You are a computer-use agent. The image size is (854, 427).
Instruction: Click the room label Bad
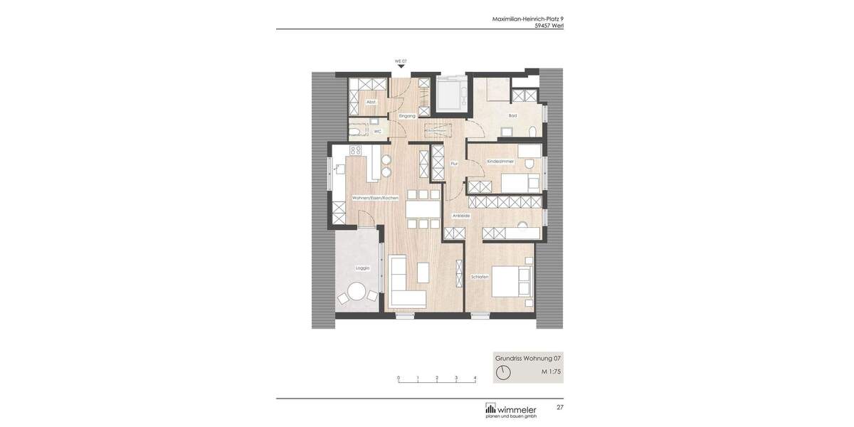[512, 115]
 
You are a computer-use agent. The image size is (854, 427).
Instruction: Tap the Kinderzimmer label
[500, 162]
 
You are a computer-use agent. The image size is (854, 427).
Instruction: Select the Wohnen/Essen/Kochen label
[375, 197]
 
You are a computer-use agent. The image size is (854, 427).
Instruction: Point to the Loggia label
[362, 268]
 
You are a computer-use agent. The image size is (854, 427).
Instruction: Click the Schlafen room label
[480, 277]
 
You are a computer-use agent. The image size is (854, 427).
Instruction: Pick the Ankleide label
[461, 216]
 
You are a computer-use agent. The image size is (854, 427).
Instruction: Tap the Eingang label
[407, 115]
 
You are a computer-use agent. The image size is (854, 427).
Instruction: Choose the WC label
[377, 131]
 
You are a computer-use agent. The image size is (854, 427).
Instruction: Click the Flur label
[454, 164]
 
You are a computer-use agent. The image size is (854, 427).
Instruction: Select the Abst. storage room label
[371, 102]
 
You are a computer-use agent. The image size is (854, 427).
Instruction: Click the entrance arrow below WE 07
[401, 67]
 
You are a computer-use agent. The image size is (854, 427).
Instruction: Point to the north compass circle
[503, 372]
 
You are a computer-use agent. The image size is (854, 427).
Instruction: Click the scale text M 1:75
[551, 371]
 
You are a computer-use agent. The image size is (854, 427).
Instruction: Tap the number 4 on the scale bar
[475, 378]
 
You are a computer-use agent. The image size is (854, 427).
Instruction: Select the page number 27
[560, 407]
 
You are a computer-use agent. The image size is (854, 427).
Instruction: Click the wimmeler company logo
[511, 410]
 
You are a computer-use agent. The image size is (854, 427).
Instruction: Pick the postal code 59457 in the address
[542, 26]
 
